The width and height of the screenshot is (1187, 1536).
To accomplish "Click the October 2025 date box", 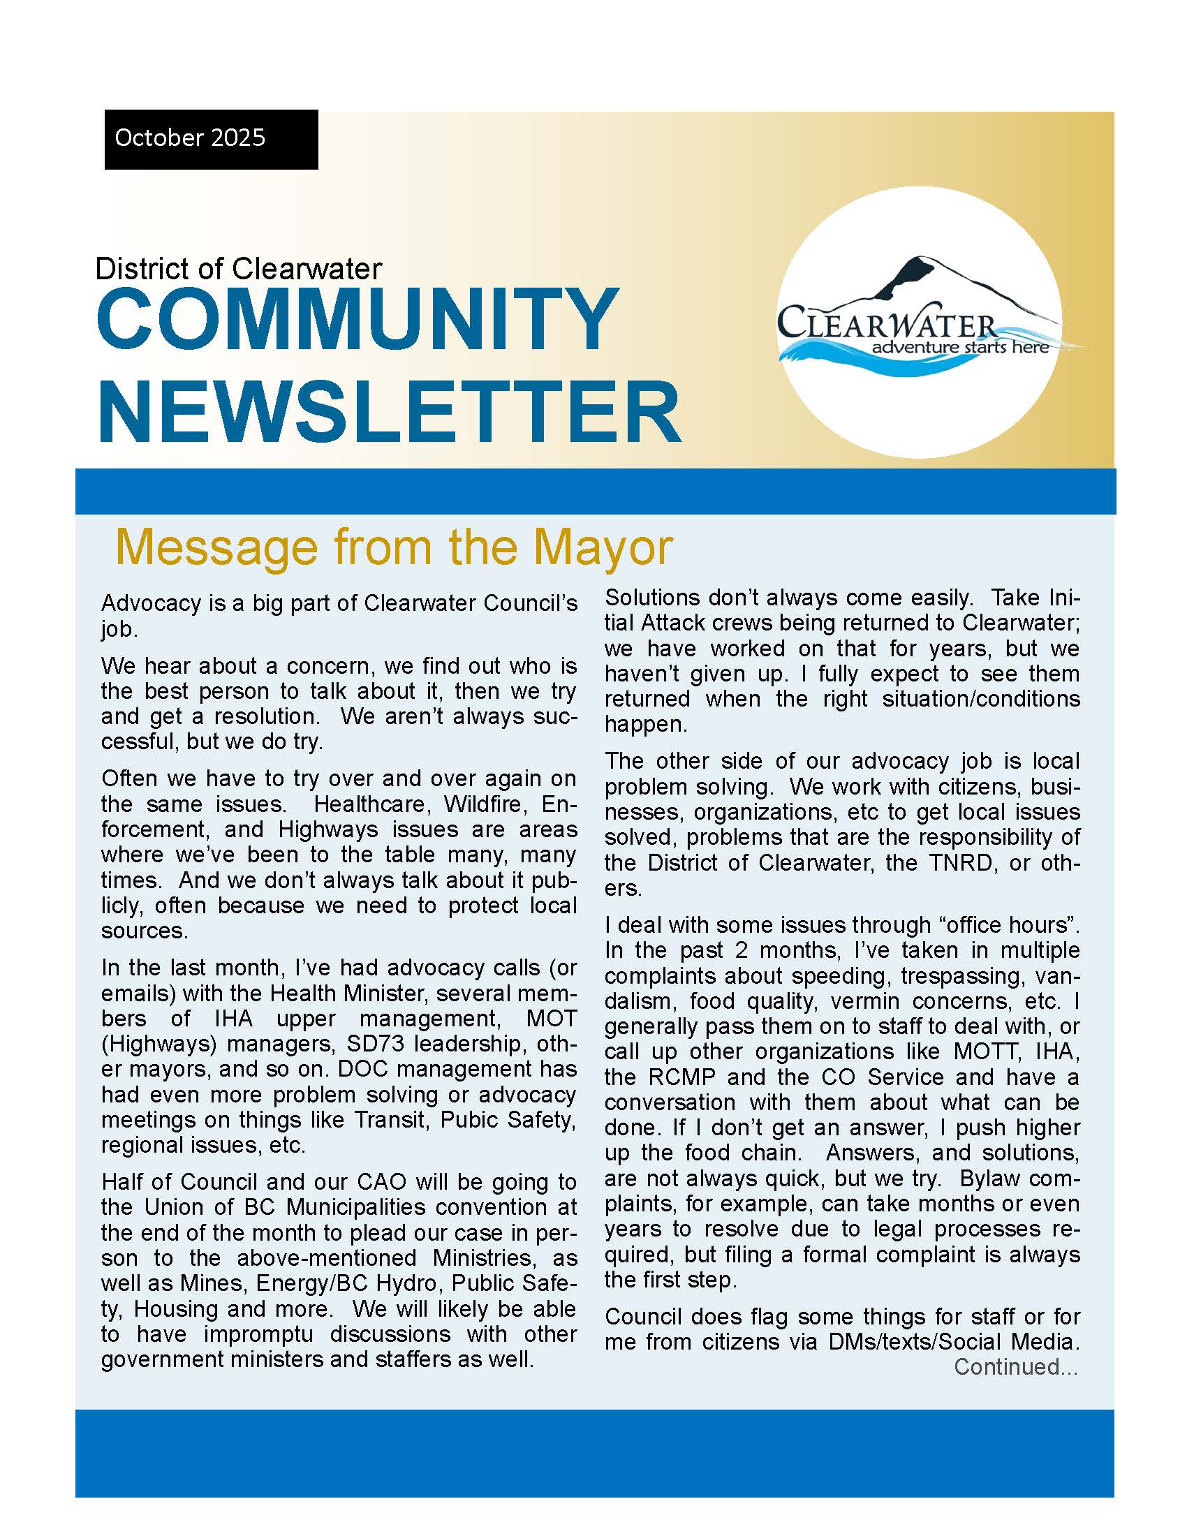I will (211, 138).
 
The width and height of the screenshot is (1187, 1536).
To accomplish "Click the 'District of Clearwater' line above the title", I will (238, 269).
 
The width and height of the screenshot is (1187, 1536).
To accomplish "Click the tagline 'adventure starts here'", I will (961, 347).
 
